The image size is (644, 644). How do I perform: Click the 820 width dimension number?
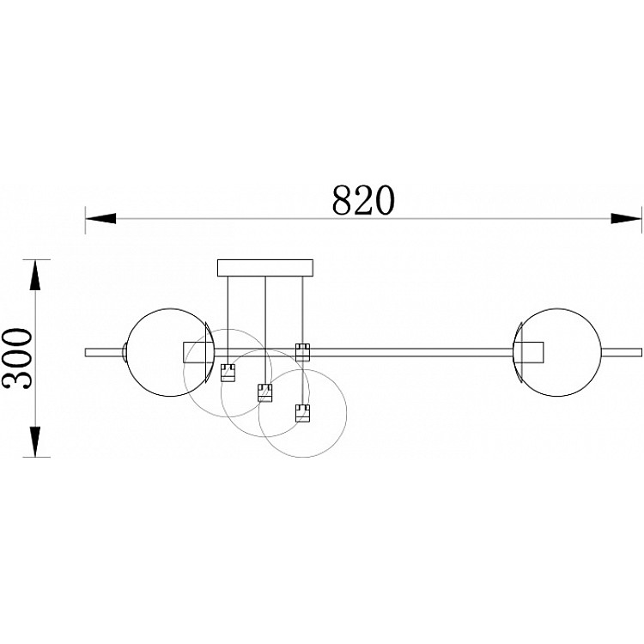click(363, 200)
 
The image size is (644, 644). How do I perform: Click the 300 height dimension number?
click(17, 358)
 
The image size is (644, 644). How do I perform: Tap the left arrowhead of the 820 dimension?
click(100, 218)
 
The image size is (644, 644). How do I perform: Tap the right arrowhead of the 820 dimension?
click(625, 218)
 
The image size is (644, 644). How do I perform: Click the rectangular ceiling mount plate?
click(265, 268)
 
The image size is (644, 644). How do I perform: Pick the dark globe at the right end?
click(557, 352)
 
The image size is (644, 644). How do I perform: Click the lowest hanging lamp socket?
click(302, 413)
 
